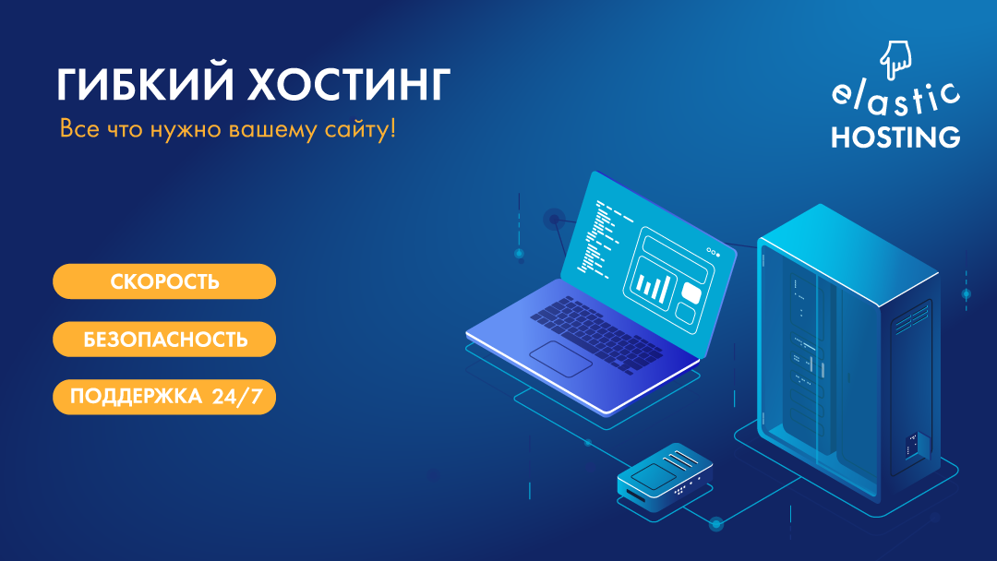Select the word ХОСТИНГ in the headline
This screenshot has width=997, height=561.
[x=348, y=85]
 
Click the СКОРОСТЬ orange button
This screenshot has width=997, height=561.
[x=164, y=281]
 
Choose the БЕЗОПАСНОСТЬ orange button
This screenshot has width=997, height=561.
[x=164, y=340]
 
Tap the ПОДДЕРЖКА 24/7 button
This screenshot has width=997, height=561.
[x=164, y=397]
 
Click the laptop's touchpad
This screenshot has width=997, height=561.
[x=561, y=358]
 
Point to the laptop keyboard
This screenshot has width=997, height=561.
[x=595, y=333]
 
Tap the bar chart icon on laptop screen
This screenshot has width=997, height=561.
[x=652, y=283]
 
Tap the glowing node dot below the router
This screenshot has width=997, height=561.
[x=716, y=524]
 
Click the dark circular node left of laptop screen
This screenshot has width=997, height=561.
[x=555, y=220]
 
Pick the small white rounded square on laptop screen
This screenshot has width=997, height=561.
[x=691, y=292]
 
